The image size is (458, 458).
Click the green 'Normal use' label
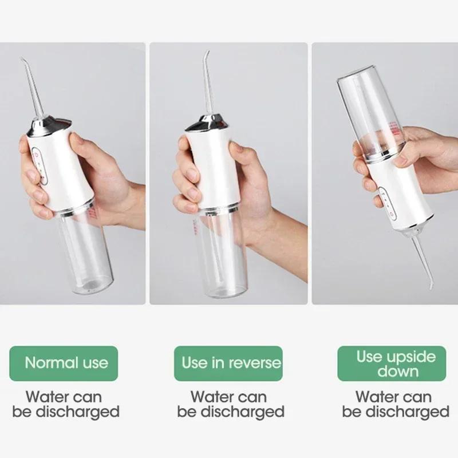(x=66, y=363)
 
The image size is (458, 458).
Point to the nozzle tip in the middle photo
(x=206, y=53)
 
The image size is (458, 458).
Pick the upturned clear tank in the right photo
(x=369, y=114)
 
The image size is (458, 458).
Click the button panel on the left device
(x=40, y=166)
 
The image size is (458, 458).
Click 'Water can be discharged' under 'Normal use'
(x=66, y=404)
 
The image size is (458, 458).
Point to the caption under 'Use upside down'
(x=396, y=404)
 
